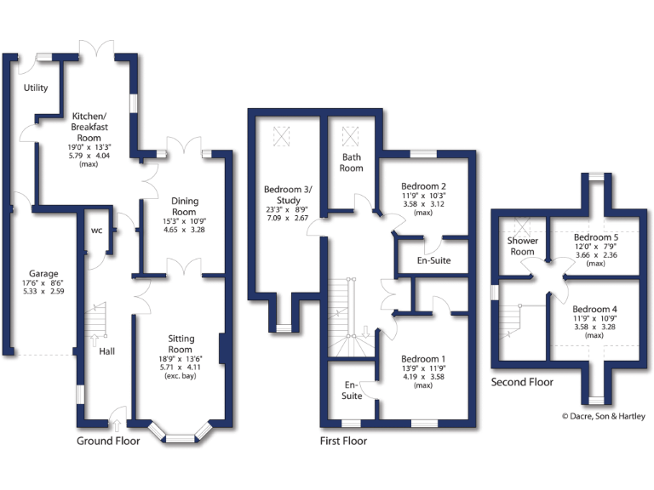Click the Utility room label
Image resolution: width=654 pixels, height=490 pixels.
pos(36,88)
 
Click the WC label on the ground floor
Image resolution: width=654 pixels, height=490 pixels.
pos(96,231)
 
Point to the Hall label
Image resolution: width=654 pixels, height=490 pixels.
pos(107,351)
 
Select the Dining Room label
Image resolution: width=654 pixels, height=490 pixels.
pos(185,207)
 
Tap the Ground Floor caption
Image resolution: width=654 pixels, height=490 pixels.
pos(108,441)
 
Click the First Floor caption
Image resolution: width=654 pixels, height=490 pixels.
pos(343,441)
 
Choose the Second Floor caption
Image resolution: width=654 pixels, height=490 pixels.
pos(522,382)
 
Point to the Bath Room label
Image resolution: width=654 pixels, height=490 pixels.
pos(353,162)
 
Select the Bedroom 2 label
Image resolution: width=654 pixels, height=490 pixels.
pos(424,185)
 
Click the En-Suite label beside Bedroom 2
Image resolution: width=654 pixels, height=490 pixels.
pos(433,260)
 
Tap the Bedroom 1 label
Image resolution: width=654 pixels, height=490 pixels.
pos(424,359)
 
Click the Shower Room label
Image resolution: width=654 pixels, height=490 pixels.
pos(522,246)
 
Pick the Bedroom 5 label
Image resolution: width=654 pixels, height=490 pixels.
pos(595,237)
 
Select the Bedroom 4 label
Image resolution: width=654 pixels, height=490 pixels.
pos(595,309)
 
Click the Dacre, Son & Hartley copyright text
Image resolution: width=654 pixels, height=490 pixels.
pos(603,416)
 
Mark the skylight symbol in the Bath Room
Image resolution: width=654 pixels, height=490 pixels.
pos(350,136)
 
